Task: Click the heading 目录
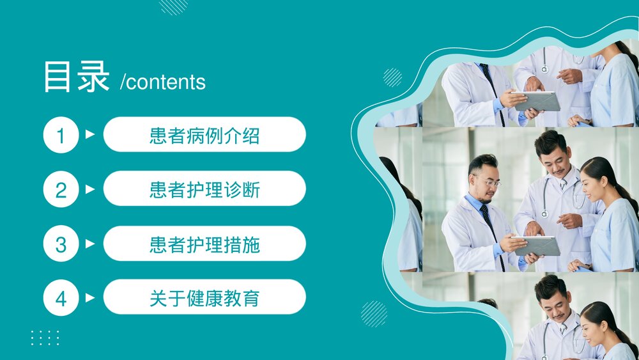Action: (x=76, y=77)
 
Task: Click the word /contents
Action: (x=163, y=82)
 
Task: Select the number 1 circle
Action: (x=61, y=135)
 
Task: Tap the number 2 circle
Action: (x=61, y=189)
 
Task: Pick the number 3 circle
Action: (x=61, y=244)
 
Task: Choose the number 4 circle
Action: (x=61, y=298)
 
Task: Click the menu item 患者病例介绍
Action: (x=204, y=135)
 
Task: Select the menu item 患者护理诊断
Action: (x=204, y=189)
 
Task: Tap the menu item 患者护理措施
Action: (x=204, y=244)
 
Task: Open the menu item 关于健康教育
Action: (x=204, y=297)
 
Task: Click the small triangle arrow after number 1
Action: (x=89, y=134)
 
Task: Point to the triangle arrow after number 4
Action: (x=89, y=297)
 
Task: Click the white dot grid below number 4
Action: (x=45, y=338)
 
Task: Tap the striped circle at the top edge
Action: (x=173, y=6)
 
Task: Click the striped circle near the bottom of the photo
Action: (x=374, y=314)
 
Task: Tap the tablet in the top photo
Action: (x=537, y=100)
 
